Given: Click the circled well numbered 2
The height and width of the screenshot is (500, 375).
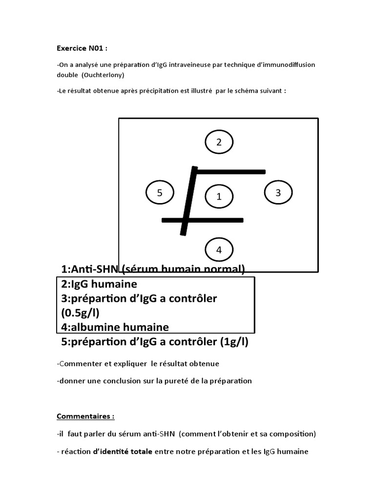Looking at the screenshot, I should (219, 142).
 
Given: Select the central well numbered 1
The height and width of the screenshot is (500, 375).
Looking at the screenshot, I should (219, 196).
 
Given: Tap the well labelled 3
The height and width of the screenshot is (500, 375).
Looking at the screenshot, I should (278, 192).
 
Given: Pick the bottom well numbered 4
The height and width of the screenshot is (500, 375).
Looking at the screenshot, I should (219, 250).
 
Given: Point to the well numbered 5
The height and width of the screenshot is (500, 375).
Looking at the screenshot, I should (160, 192).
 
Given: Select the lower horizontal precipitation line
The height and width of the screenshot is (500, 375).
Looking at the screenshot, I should (202, 220).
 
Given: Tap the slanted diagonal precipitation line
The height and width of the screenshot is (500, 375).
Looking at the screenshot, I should (188, 200).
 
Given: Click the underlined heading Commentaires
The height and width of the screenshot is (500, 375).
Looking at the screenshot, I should (85, 417).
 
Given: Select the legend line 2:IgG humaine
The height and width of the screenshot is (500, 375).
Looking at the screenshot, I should (99, 284).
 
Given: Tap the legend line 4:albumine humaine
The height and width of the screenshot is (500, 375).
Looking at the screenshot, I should (115, 327).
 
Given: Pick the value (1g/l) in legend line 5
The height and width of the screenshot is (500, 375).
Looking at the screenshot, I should (233, 342).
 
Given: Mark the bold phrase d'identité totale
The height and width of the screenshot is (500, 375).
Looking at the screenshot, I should (123, 452).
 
